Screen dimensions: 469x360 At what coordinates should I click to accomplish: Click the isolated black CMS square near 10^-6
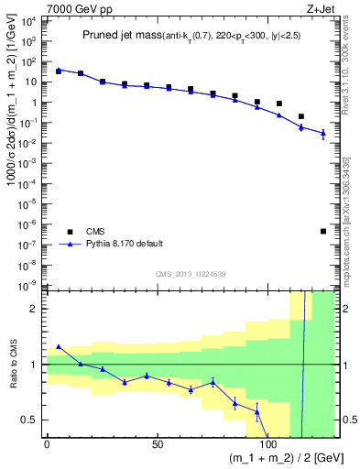pos(323,231)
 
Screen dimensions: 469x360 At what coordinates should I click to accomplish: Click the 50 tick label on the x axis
pos(158,443)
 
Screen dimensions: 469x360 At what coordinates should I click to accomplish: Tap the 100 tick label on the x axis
pos(268,443)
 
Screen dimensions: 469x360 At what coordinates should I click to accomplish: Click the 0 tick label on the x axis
pos(48,443)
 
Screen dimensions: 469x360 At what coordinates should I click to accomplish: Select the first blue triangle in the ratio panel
pos(59,346)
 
